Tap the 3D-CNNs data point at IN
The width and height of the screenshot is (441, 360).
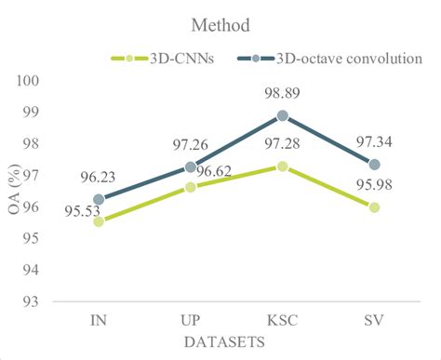(x=99, y=221)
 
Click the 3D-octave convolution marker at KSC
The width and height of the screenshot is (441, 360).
(x=283, y=116)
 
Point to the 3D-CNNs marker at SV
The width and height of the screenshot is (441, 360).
(x=375, y=207)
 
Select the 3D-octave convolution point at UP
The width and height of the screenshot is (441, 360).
(x=191, y=167)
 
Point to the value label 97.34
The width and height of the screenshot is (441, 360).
(x=375, y=141)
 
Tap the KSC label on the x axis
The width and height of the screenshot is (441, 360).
(x=283, y=320)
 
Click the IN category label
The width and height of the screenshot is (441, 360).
(x=99, y=320)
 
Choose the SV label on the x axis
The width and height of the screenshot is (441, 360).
(x=375, y=320)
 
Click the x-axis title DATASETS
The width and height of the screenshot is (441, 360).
(x=235, y=342)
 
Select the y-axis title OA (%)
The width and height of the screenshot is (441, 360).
(x=15, y=191)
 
